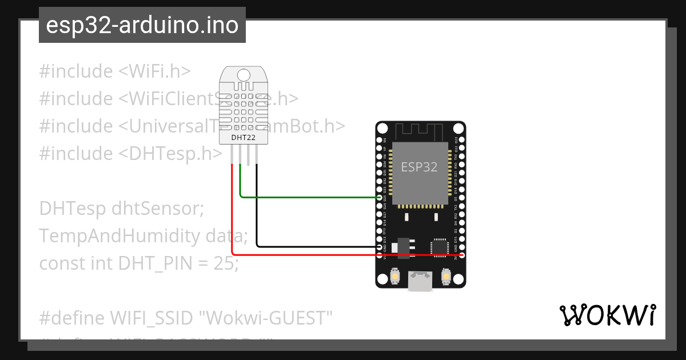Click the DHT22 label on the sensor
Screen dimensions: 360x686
[x=244, y=137]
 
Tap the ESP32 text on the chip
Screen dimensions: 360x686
[x=419, y=167]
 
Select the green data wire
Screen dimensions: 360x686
[x=309, y=198]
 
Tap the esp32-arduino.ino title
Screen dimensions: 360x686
[x=142, y=26]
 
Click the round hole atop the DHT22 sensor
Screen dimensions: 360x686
[x=244, y=74]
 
